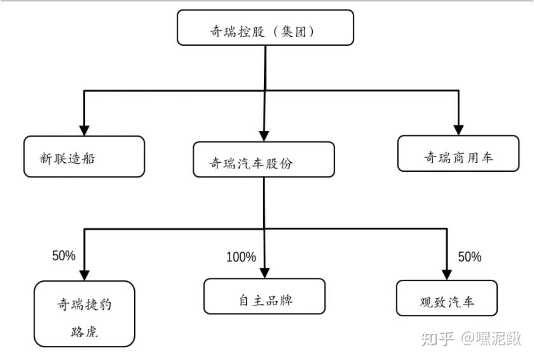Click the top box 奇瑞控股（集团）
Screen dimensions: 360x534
point(265,29)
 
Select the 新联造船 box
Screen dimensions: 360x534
point(84,156)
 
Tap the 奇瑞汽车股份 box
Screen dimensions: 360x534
point(264,160)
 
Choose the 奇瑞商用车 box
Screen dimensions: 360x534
point(458,153)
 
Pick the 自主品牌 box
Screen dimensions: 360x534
point(264,296)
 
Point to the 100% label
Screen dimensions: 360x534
point(241,257)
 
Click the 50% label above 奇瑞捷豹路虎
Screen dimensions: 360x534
point(64,256)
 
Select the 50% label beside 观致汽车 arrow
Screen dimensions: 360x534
point(469,257)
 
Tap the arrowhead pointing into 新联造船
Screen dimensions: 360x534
point(84,128)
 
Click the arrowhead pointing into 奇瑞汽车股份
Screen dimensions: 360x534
point(264,135)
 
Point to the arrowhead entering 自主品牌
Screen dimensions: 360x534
point(264,272)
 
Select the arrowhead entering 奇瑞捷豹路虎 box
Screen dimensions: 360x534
point(84,273)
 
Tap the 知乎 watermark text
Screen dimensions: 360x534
point(437,338)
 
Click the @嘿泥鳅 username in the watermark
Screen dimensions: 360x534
point(491,338)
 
